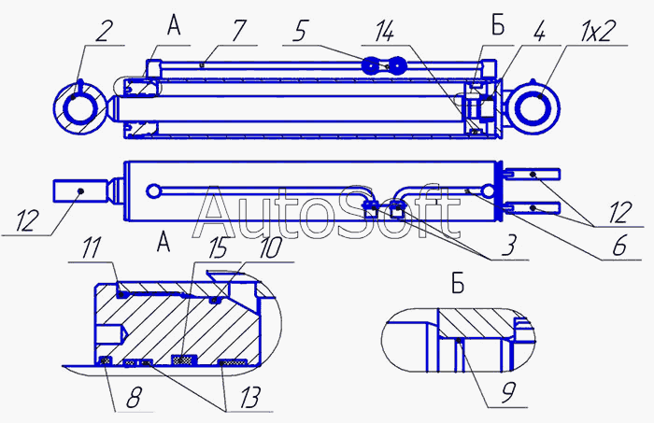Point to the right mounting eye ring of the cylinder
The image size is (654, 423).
coord(538,104)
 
